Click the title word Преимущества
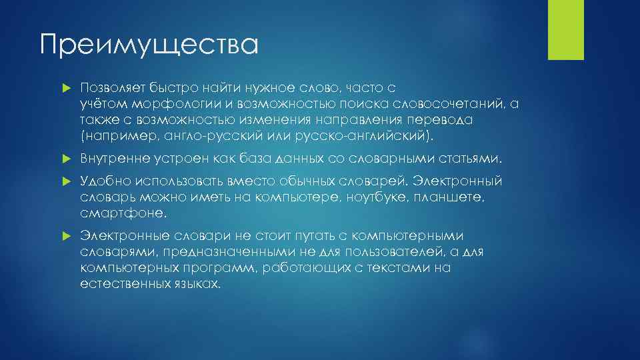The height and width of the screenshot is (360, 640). point(148,45)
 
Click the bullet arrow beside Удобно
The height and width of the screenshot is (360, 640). point(65,182)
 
